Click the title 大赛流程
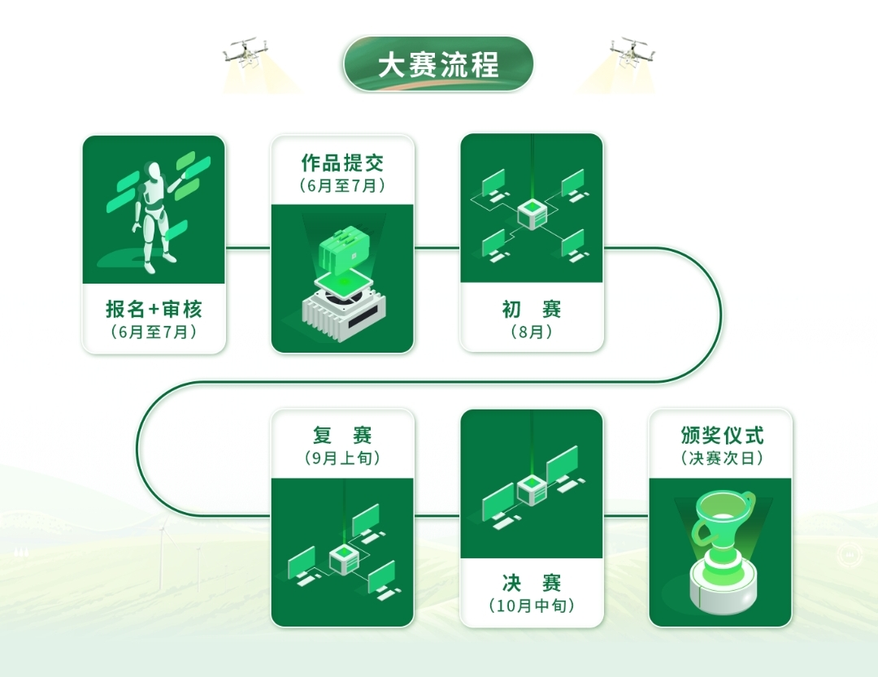click(x=438, y=65)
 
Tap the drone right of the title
click(x=633, y=53)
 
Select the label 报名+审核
click(x=154, y=310)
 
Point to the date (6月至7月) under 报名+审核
click(x=154, y=332)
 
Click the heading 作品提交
click(x=342, y=163)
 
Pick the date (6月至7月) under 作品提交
click(x=342, y=185)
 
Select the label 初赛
click(x=532, y=310)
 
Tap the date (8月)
click(x=532, y=332)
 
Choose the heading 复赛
click(x=342, y=436)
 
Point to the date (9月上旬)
click(x=342, y=458)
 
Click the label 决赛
click(x=532, y=583)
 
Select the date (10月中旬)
click(x=532, y=605)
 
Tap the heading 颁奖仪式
click(x=721, y=436)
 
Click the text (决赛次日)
click(x=721, y=458)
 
